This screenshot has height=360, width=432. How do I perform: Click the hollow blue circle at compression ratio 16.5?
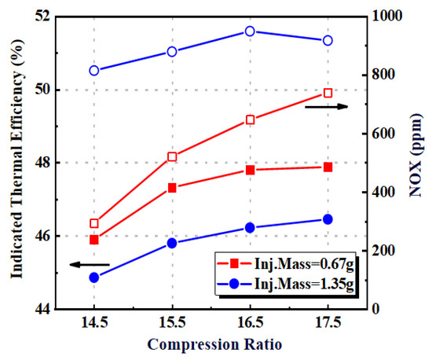(x=250, y=31)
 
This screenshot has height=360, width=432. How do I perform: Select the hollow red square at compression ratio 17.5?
(x=328, y=93)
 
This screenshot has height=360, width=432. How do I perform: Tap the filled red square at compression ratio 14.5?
(x=94, y=240)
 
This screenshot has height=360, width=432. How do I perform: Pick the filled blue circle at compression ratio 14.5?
(x=94, y=277)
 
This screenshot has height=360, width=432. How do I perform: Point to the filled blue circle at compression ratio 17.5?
(x=328, y=219)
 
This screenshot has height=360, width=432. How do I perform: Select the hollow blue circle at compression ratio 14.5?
(x=94, y=71)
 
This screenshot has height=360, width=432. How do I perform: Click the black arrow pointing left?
(x=90, y=265)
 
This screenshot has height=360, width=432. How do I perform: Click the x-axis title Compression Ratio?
(x=210, y=344)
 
